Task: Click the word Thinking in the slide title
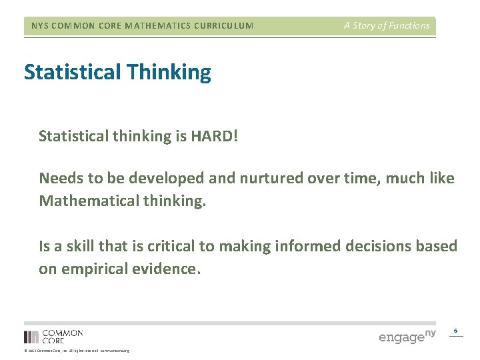pyautogui.click(x=171, y=73)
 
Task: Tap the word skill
pyautogui.click(x=81, y=246)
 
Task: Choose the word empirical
pyautogui.click(x=94, y=269)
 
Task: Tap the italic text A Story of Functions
pyautogui.click(x=387, y=26)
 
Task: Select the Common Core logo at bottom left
pyautogui.click(x=53, y=336)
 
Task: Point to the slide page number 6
pyautogui.click(x=456, y=331)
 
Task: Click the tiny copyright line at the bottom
pyautogui.click(x=77, y=351)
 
